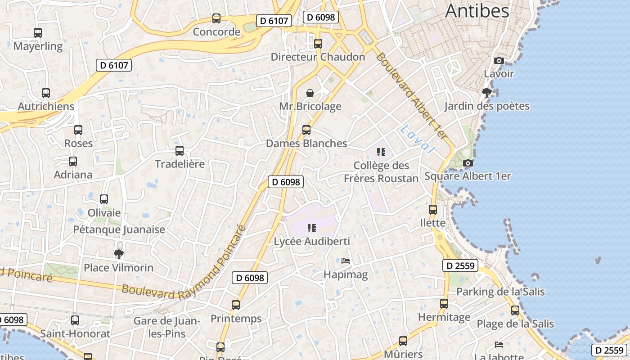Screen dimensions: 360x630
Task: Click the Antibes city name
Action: click(x=477, y=11)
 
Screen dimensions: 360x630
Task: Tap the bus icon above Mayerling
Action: click(x=38, y=33)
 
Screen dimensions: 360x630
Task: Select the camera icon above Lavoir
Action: click(x=499, y=60)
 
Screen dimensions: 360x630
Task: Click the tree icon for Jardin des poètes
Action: click(x=486, y=93)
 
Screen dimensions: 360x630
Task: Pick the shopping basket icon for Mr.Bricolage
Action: click(x=310, y=93)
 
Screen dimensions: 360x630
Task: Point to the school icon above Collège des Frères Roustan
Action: click(x=381, y=152)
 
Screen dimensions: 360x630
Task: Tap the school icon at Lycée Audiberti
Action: click(x=311, y=228)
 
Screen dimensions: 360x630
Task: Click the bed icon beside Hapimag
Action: click(x=346, y=261)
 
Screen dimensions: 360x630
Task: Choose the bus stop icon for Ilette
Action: click(x=432, y=210)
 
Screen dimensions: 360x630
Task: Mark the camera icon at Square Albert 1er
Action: click(x=468, y=163)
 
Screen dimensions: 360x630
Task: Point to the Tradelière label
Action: click(x=180, y=164)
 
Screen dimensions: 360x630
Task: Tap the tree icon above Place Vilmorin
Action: click(x=119, y=254)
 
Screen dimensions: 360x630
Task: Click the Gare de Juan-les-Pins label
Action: click(x=166, y=327)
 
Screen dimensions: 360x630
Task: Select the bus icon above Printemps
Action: click(x=236, y=305)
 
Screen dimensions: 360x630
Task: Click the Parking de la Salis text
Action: click(x=500, y=292)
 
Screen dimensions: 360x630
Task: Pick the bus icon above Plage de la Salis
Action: click(x=515, y=310)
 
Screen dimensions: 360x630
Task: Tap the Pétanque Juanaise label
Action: click(x=119, y=229)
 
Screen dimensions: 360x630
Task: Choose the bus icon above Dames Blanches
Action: click(x=306, y=130)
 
